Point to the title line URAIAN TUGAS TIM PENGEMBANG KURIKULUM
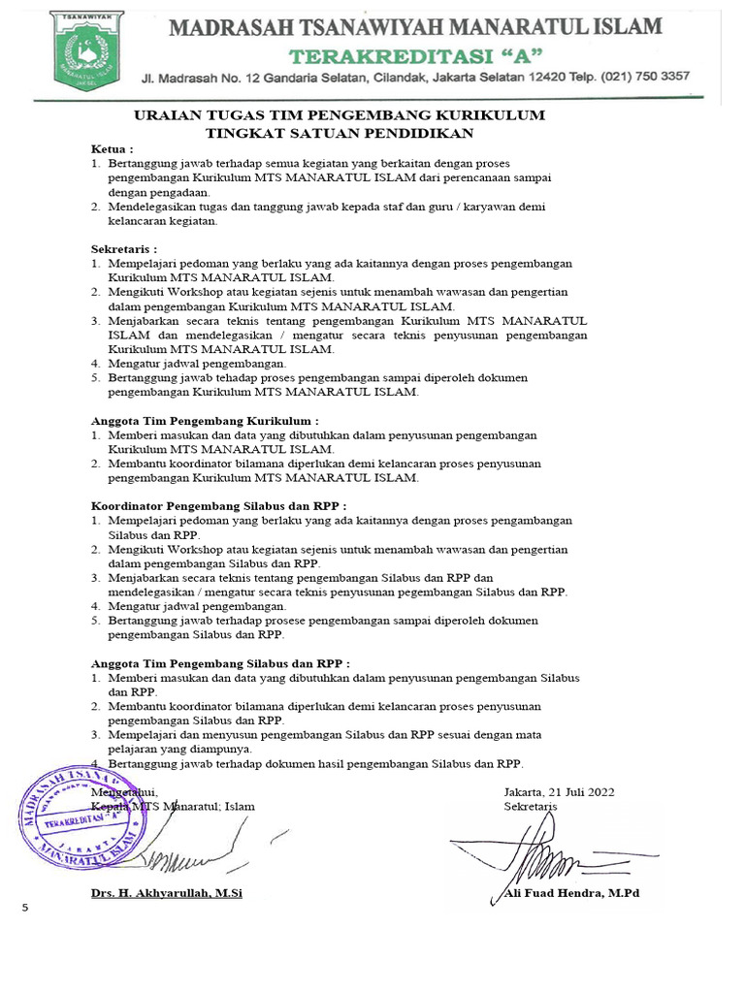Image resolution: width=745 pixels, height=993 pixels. [339, 116]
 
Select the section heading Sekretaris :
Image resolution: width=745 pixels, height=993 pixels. [123, 248]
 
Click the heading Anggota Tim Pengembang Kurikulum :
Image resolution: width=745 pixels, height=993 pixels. [205, 421]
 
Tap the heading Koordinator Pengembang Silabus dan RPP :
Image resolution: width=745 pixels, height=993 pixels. [218, 506]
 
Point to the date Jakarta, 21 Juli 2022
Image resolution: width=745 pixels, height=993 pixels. [559, 791]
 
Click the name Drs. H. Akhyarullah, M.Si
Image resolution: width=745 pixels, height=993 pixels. [166, 892]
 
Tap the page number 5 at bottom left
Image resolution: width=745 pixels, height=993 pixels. [25, 908]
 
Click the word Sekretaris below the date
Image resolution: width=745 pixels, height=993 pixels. [531, 807]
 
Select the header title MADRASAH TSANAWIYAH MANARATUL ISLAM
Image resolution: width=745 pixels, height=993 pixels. [417, 26]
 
